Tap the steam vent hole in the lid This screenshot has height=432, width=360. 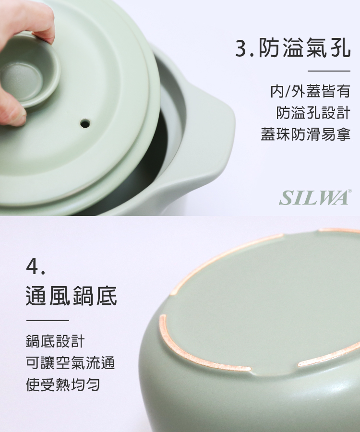click(85, 123)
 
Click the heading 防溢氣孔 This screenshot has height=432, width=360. click(304, 48)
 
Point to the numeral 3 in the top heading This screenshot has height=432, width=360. click(241, 48)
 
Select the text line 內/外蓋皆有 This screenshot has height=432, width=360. click(310, 92)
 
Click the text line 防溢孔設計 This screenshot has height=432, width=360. click(313, 113)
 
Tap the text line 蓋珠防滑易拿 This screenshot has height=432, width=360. click(306, 134)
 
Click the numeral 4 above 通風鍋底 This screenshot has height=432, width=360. click(33, 266)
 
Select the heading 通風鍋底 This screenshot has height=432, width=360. click(72, 296)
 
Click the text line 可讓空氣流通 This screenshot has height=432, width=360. click(70, 363)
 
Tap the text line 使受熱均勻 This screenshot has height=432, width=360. click(63, 384)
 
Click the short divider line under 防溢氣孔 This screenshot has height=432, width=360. click(329, 71)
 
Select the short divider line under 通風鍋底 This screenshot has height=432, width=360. click(48, 321)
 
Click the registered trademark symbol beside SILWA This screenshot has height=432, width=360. click(350, 191)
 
